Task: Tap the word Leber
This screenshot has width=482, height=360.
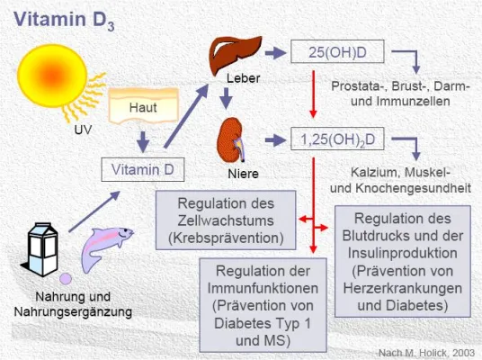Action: point(243,79)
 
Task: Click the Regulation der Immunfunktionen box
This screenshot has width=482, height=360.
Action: point(261,303)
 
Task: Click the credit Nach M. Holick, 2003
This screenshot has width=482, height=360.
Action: point(426,349)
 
